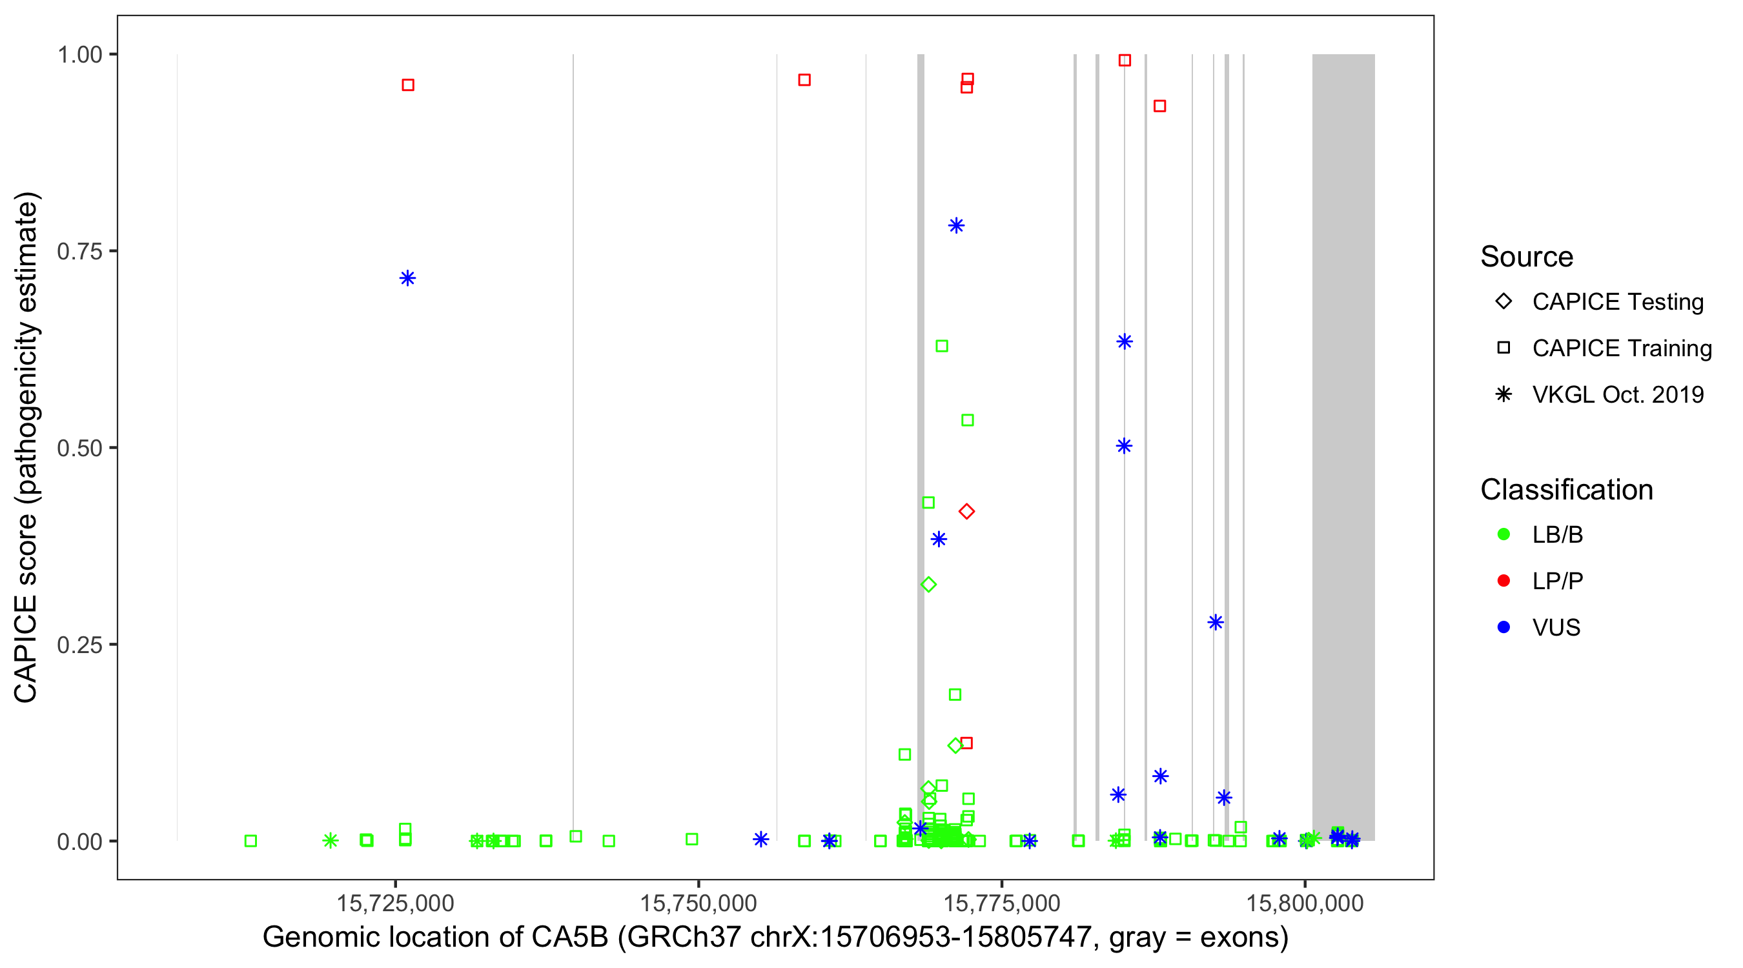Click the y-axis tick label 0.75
coord(79,251)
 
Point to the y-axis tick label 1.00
coord(79,54)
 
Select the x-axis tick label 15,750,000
coord(698,903)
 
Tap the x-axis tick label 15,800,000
coord(1305,903)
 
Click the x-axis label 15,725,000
coord(395,903)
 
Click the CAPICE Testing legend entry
coord(1617,302)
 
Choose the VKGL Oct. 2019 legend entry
coord(1617,394)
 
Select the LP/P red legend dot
coord(1503,581)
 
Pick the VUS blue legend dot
coord(1503,627)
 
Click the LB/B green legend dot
coord(1503,534)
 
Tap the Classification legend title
coord(1565,490)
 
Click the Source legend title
coord(1527,257)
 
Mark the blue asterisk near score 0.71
coord(407,278)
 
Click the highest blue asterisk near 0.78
coord(955,225)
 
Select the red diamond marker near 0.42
coord(966,511)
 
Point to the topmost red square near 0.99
coord(1125,60)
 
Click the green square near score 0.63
coord(941,347)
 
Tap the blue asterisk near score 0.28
coord(1215,622)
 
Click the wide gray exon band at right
coord(1343,406)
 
